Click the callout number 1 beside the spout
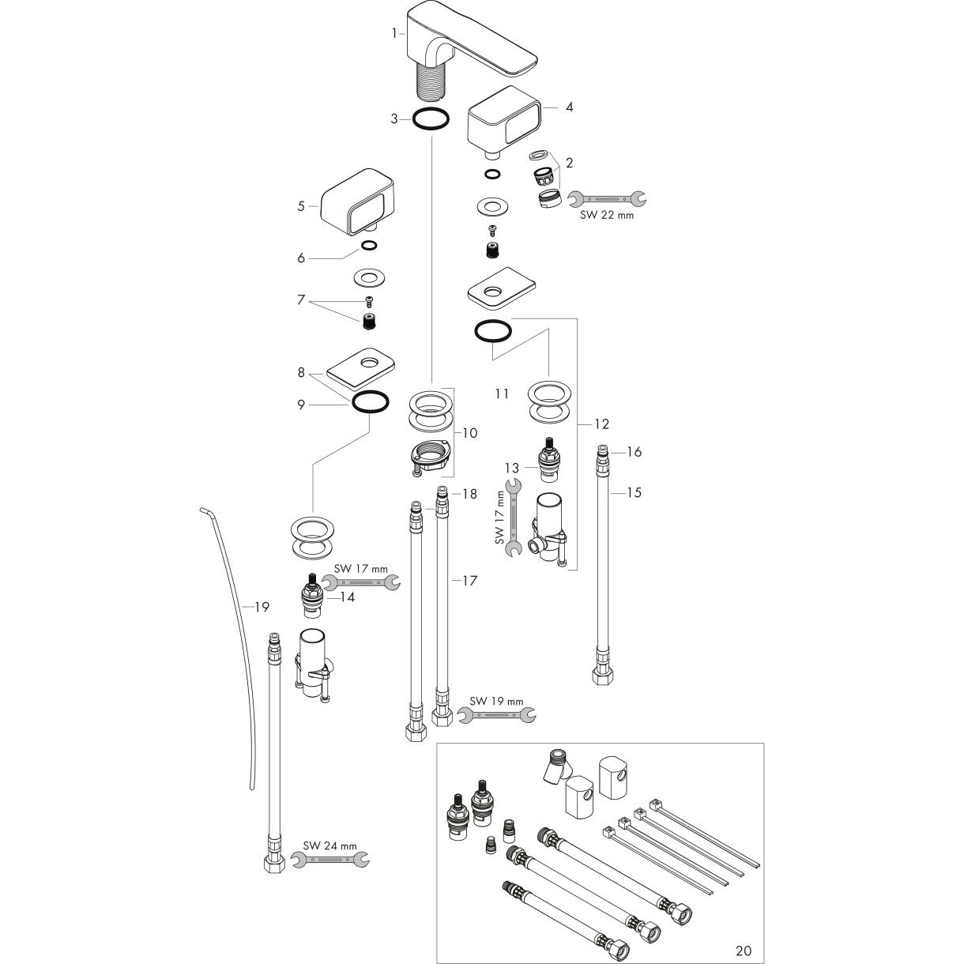click(394, 33)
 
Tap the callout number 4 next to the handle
click(569, 107)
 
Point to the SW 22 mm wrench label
click(606, 215)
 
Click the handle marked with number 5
click(356, 201)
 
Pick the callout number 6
click(300, 258)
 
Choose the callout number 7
click(300, 299)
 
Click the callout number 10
click(469, 433)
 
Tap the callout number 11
click(502, 394)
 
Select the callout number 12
click(601, 424)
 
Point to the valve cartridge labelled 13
click(549, 460)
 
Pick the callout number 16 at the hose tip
click(634, 452)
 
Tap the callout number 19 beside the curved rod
click(262, 607)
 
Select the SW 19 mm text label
click(496, 701)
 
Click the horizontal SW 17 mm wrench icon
click(360, 582)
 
